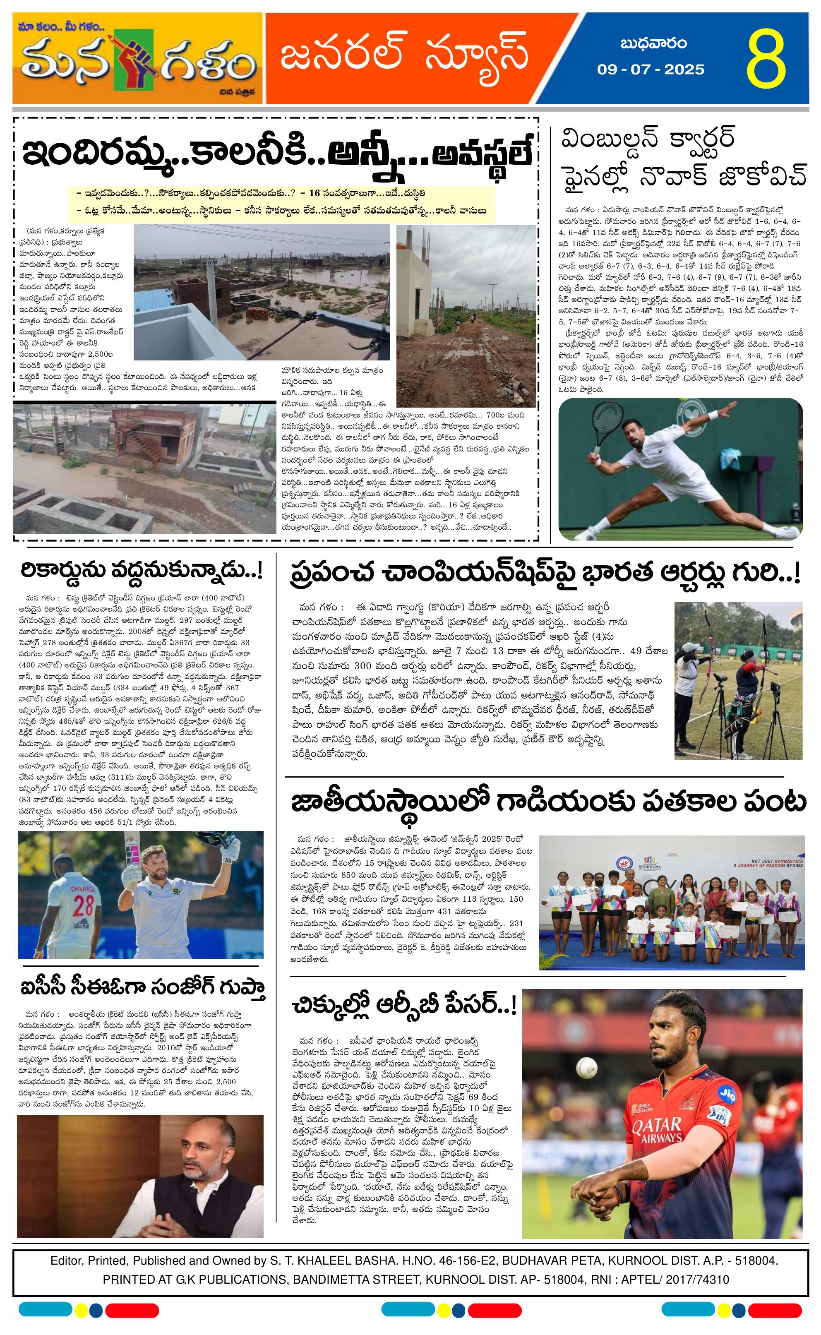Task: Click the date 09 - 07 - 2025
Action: point(651,70)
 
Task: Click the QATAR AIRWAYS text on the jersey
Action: point(657,1130)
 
